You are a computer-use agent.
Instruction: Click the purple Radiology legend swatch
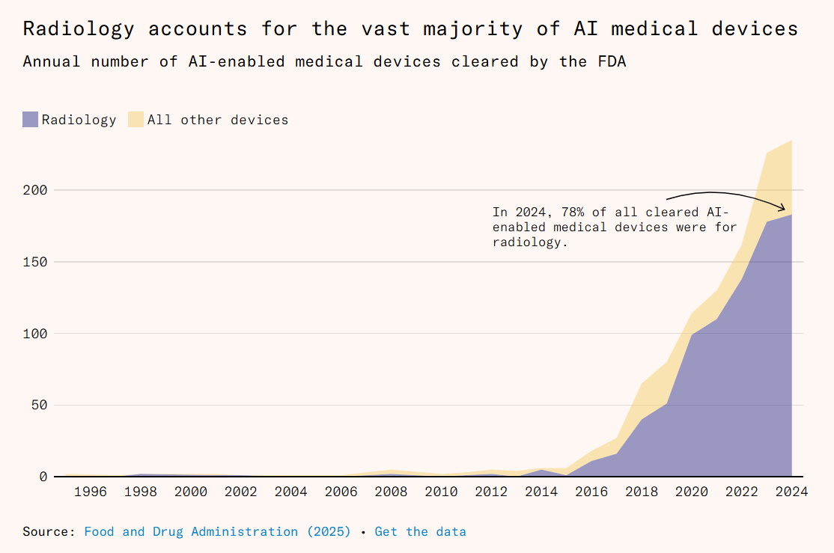[30, 120]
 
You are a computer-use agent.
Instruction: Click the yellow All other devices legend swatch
[136, 120]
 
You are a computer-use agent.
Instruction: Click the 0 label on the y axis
[43, 477]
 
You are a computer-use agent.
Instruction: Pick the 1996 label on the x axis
[91, 492]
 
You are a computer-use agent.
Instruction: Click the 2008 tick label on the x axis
[391, 492]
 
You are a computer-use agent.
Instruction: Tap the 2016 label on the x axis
[591, 492]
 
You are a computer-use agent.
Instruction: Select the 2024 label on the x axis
[791, 492]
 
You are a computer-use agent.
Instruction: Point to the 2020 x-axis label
[691, 492]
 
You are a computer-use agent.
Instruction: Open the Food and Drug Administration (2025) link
[217, 532]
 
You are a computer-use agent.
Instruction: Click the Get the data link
[420, 532]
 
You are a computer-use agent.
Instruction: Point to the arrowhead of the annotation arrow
[785, 209]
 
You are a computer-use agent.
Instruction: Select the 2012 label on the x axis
[491, 492]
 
